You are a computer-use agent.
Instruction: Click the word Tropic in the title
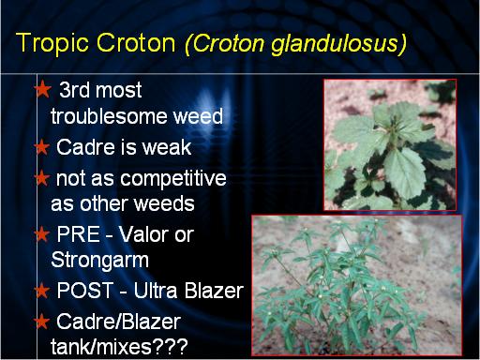53,43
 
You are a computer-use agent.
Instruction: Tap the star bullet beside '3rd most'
43,89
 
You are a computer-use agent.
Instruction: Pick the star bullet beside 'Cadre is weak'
42,147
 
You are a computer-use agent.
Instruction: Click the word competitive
173,179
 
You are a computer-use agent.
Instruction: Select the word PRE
78,234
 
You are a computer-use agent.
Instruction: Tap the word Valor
144,234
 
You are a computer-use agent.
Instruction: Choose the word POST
85,291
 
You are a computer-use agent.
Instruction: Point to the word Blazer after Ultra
214,291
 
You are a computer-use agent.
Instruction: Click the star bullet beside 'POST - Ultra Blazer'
42,291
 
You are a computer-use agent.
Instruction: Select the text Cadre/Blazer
119,322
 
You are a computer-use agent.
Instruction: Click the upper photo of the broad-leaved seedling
390,144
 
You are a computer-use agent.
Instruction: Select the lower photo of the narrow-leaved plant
357,285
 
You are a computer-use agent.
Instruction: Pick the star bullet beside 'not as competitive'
42,178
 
